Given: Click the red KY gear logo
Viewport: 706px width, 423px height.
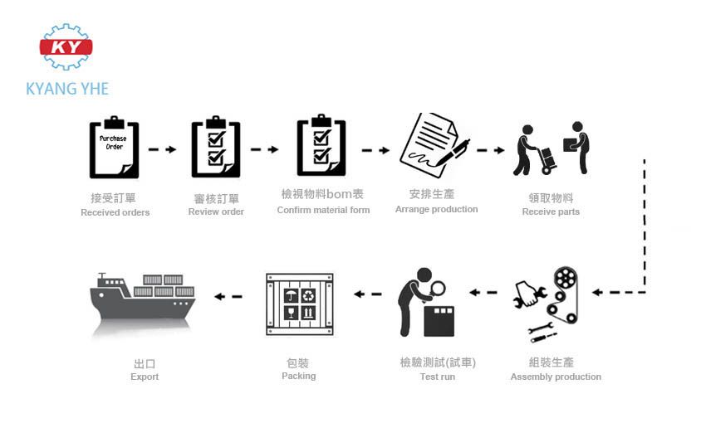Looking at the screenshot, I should click(x=66, y=47).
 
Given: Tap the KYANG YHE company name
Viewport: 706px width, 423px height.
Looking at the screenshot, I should click(x=67, y=89).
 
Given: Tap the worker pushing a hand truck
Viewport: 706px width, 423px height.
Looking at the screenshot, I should click(x=532, y=150).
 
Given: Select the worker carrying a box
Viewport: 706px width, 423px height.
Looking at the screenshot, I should click(x=576, y=147).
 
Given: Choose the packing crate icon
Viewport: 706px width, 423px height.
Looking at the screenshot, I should click(x=299, y=304).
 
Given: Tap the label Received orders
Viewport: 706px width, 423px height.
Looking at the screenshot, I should click(x=115, y=212).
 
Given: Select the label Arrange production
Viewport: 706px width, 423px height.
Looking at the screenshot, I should click(x=436, y=209).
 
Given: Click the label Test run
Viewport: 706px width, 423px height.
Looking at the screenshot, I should click(x=437, y=377).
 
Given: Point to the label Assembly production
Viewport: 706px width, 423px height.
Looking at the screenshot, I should click(x=556, y=377).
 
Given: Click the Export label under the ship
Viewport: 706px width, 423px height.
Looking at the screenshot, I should click(x=145, y=377).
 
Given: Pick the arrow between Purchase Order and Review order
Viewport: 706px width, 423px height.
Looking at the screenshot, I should click(x=162, y=150).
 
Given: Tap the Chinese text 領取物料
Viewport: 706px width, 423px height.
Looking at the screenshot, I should click(x=551, y=197).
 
